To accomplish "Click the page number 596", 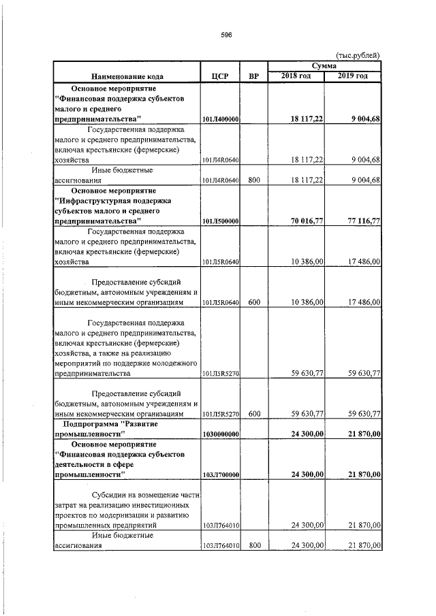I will click(x=227, y=36).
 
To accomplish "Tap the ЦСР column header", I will click(x=219, y=76).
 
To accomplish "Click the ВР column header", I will click(x=254, y=76).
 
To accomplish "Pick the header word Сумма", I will click(x=324, y=65).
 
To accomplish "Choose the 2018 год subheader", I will click(x=296, y=76).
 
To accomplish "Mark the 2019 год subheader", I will click(x=353, y=76).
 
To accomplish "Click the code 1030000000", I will click(x=220, y=434).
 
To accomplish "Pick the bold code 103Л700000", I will click(x=220, y=474).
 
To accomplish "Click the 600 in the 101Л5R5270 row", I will click(x=254, y=413).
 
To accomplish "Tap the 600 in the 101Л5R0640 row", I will click(x=254, y=301).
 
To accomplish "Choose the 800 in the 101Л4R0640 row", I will click(x=254, y=180).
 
